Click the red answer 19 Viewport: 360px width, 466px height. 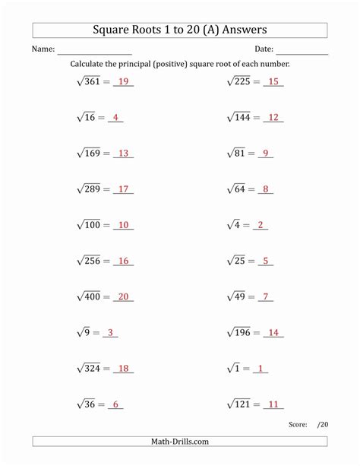point(124,81)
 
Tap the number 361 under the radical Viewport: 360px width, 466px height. point(93,81)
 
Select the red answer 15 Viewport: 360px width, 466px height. point(273,81)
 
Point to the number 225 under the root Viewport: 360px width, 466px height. point(242,81)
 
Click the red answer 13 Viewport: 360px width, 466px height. point(124,153)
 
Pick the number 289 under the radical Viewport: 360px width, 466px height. point(93,189)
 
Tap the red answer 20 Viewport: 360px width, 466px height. point(124,296)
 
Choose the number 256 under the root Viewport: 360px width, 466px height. point(93,261)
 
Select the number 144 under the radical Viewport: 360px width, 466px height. point(242,117)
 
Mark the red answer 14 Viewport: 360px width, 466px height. point(273,332)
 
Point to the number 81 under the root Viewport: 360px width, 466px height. point(239,153)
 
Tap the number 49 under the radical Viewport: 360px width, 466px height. point(239,296)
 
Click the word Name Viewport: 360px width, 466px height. point(43,49)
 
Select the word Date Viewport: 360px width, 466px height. point(264,49)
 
